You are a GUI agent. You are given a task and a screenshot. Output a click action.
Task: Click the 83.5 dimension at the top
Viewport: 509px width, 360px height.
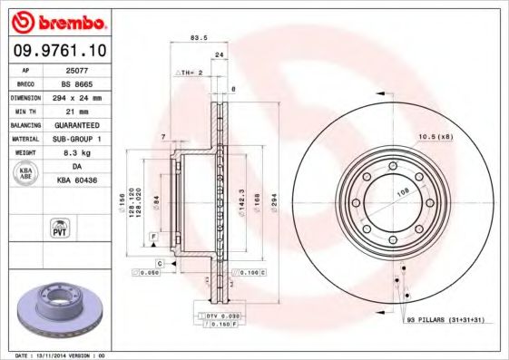193,38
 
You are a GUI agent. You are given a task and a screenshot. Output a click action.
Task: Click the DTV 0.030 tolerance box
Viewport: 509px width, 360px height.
220,315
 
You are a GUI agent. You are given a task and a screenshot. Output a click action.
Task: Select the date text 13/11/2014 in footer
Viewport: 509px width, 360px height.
56,355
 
